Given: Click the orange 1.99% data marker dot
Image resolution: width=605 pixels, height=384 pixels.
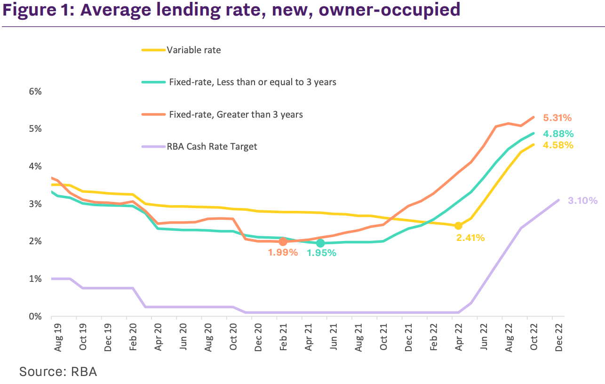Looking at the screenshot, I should [283, 241].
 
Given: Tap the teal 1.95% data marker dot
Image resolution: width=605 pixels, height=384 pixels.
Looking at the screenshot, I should [320, 243].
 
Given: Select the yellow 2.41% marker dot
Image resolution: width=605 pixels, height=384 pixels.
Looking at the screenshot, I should [458, 226].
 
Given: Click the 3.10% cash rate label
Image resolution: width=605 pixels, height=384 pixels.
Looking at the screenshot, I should [582, 201].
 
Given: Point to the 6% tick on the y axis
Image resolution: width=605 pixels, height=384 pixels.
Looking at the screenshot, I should [36, 92].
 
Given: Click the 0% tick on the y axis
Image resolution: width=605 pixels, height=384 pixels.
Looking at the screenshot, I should [36, 316].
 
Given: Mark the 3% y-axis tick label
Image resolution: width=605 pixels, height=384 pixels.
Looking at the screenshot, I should [36, 204].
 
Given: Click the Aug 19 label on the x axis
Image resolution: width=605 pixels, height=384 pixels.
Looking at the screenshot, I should [58, 336].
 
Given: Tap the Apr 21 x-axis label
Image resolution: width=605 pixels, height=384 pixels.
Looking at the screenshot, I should [309, 336].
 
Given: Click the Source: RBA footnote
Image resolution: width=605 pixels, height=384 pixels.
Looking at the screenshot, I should [58, 371].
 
